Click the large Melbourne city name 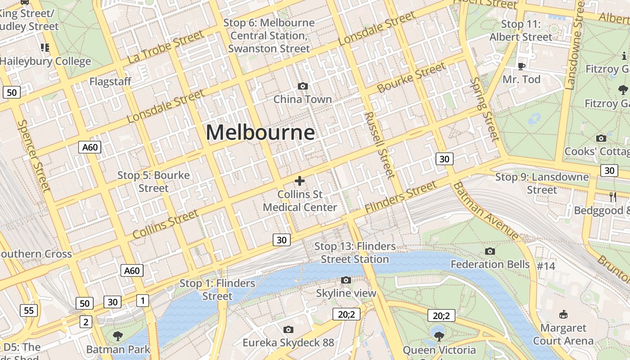pos(260,133)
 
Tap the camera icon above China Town pos(303,86)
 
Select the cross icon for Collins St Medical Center pos(299,181)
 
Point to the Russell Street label pos(380,145)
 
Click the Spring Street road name pos(485,108)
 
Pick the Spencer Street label pos(33,155)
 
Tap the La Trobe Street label pos(165,47)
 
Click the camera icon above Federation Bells pos(490,251)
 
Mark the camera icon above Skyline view pos(346,280)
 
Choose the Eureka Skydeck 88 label pos(288,343)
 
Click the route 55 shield pos(28,310)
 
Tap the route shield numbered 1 pos(143,300)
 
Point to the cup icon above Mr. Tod pos(522,66)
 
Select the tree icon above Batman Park pos(118,336)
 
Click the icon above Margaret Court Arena pos(563,314)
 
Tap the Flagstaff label pos(110,81)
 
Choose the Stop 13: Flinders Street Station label pos(355,252)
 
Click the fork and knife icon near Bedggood pos(612,196)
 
